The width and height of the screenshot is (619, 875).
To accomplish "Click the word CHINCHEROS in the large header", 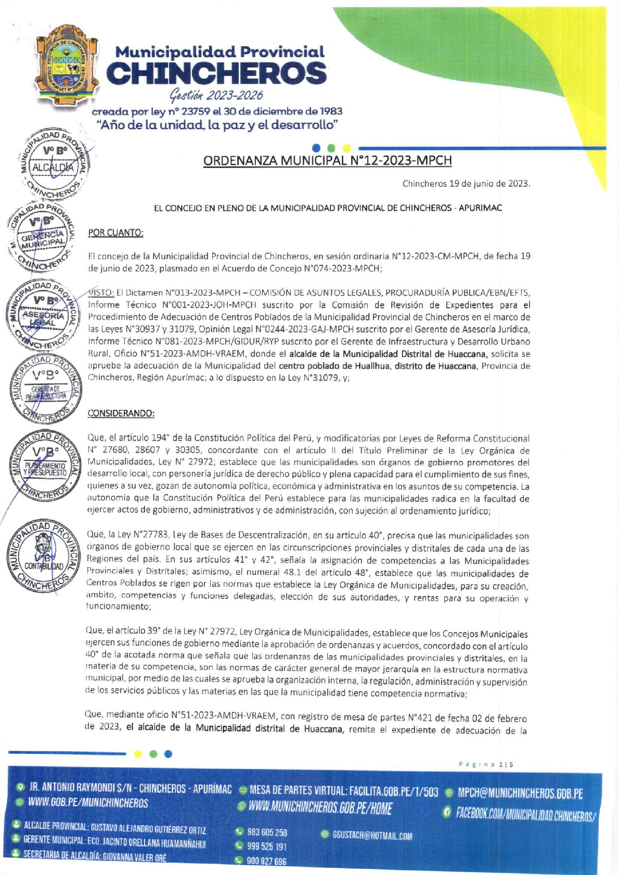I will point(216,74).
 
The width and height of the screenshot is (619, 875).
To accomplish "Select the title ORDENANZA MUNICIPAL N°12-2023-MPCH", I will point(327,160).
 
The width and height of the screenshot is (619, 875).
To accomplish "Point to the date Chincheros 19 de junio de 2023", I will point(466,184).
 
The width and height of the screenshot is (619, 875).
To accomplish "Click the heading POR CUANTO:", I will point(115,233).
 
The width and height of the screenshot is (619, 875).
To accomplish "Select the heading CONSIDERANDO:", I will point(121,413).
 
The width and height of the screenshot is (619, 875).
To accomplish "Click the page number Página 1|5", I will point(486,764).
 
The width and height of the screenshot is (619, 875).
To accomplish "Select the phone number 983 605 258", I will point(267,832).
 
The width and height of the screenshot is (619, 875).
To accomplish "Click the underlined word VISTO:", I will point(99,292).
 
